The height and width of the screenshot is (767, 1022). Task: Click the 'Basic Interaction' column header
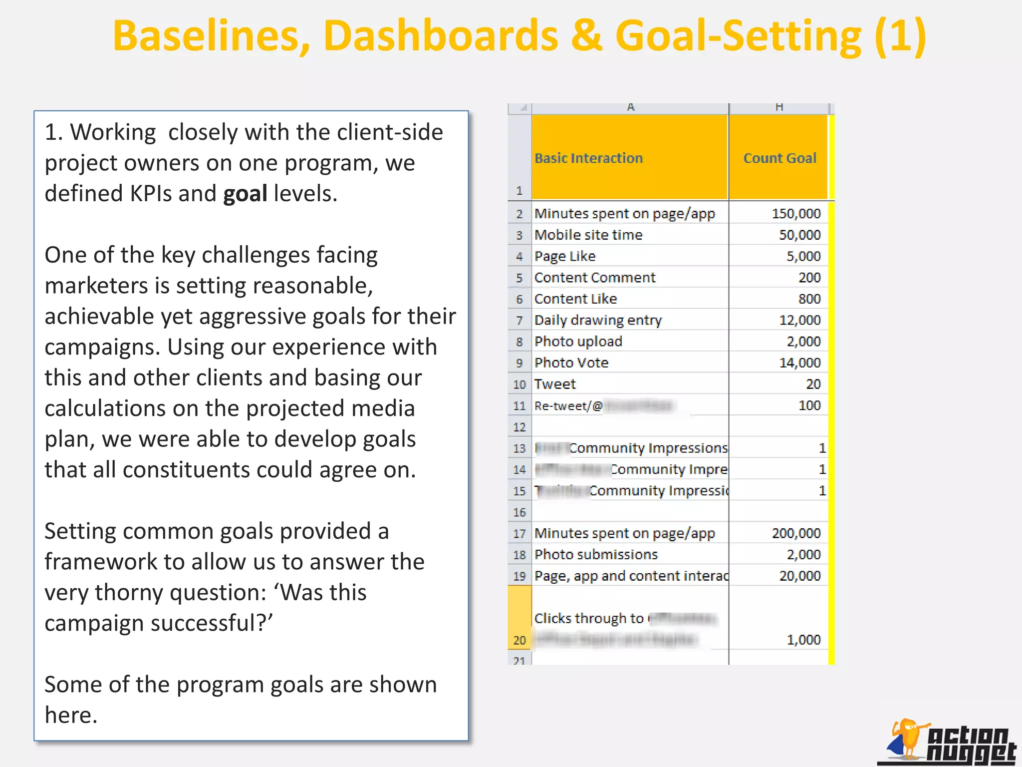point(588,158)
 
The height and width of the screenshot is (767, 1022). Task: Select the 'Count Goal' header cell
point(779,158)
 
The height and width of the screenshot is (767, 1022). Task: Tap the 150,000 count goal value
point(796,214)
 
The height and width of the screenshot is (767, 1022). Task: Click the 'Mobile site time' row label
point(588,235)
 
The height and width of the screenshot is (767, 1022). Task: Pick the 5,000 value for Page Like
point(803,256)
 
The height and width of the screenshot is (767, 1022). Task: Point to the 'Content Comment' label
point(595,278)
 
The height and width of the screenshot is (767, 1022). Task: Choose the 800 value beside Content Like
point(809,299)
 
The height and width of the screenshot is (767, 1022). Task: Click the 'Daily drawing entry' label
point(598,320)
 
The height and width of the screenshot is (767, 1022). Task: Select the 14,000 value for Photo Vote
point(799,363)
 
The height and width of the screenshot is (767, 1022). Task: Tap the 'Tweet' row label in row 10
point(555,384)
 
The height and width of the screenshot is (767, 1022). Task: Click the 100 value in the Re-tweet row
point(809,405)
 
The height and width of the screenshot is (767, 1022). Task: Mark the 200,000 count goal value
point(796,533)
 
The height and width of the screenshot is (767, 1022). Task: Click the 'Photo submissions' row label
point(596,554)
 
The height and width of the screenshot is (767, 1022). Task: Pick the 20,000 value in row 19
point(799,576)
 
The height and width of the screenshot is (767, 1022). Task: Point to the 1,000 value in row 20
point(803,640)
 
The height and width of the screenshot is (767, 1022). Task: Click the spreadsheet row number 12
point(519,427)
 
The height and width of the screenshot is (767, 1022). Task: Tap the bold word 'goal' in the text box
point(245,193)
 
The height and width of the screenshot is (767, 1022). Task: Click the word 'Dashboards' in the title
point(441,36)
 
